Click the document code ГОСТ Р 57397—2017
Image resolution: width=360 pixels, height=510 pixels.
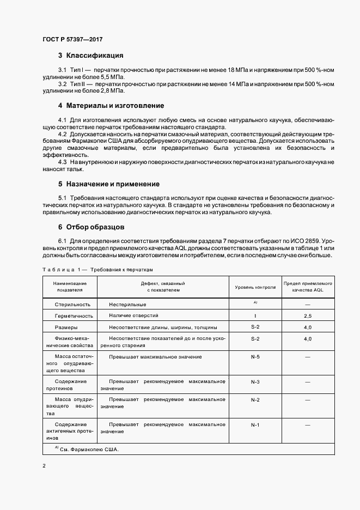[x=72, y=39]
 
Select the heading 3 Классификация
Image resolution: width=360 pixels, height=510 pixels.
[x=90, y=56]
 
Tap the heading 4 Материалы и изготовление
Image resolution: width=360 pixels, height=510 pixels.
[x=111, y=105]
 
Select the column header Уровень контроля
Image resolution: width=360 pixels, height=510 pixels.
[x=255, y=287]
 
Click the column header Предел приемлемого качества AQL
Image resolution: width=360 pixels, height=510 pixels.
[x=308, y=287]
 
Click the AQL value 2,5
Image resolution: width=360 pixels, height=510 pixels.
[x=308, y=316]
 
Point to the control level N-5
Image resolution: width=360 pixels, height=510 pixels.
[x=255, y=357]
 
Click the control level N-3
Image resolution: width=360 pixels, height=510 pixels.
[x=255, y=382]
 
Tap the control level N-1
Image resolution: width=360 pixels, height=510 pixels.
[x=255, y=424]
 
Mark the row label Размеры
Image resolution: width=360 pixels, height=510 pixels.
[x=69, y=327]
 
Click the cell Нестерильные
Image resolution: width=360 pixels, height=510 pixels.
[x=126, y=305]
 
